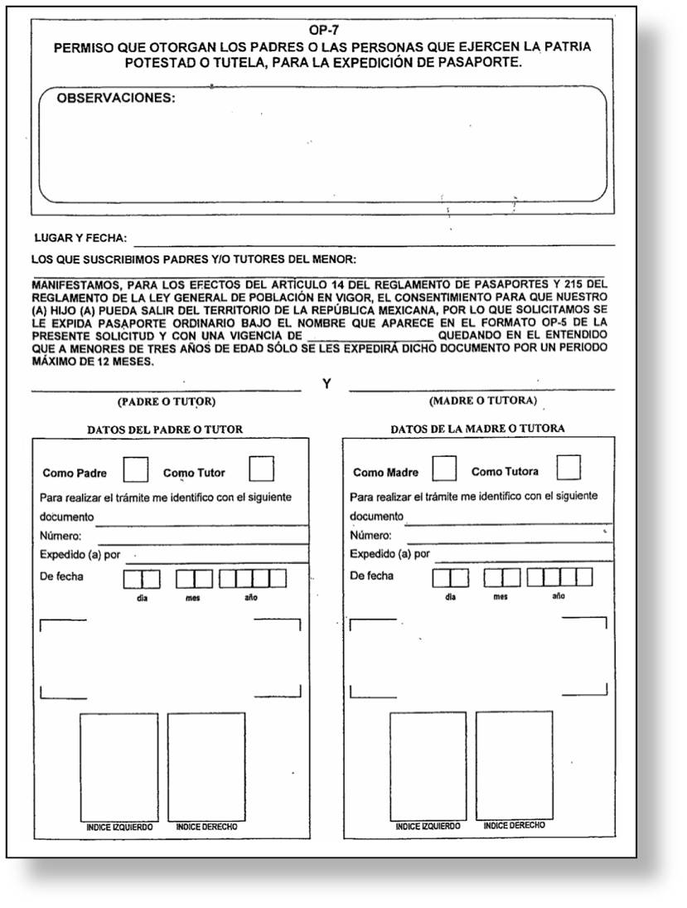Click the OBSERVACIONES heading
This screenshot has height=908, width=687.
pyautogui.click(x=116, y=98)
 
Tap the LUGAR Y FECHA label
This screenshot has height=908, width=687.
pyautogui.click(x=80, y=238)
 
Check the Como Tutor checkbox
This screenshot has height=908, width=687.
pyautogui.click(x=262, y=469)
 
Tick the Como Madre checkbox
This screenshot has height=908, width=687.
pyautogui.click(x=444, y=469)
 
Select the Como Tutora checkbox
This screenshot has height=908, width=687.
pyautogui.click(x=568, y=468)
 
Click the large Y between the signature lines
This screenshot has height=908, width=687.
pyautogui.click(x=327, y=385)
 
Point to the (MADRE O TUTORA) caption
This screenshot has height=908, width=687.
pyautogui.click(x=482, y=401)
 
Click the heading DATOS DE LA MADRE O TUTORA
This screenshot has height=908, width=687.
pyautogui.click(x=477, y=429)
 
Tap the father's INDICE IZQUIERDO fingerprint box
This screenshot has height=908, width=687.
pyautogui.click(x=119, y=766)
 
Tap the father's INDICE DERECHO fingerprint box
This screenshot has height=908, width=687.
pyautogui.click(x=206, y=766)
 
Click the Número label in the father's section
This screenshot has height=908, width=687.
pyautogui.click(x=60, y=536)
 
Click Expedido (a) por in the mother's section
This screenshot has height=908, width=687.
pyautogui.click(x=389, y=554)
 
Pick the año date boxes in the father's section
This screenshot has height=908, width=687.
pyautogui.click(x=253, y=578)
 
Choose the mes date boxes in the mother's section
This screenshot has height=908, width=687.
pyautogui.click(x=501, y=577)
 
